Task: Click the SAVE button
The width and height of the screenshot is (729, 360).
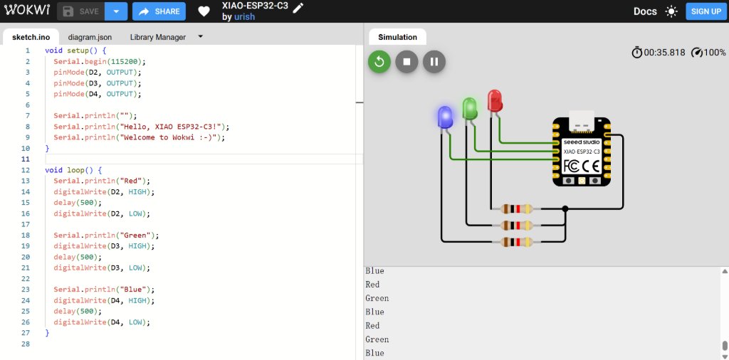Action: pos(80,11)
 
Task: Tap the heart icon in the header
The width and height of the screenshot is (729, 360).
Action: pos(204,11)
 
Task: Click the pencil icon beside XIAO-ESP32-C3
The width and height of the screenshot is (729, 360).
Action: pos(298,7)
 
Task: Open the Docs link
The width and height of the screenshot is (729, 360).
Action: pos(645,11)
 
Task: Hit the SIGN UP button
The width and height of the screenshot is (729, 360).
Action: pos(706,11)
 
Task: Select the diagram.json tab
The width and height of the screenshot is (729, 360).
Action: pos(90,37)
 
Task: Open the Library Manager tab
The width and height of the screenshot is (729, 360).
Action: pos(157,37)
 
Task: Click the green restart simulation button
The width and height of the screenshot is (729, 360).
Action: pos(379,61)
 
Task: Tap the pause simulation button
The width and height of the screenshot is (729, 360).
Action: pos(434,61)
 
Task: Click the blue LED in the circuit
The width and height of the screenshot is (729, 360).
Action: pos(445,117)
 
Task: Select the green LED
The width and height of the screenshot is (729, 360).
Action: pos(469,108)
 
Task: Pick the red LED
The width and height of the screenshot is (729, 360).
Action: pos(494,100)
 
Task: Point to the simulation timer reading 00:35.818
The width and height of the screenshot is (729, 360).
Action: pos(664,53)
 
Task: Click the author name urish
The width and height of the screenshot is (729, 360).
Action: pos(245,17)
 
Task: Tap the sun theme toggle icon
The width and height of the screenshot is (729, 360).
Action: pos(671,11)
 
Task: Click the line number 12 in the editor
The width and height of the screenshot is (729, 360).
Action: pos(26,170)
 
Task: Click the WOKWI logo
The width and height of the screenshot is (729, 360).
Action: pos(24,11)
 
